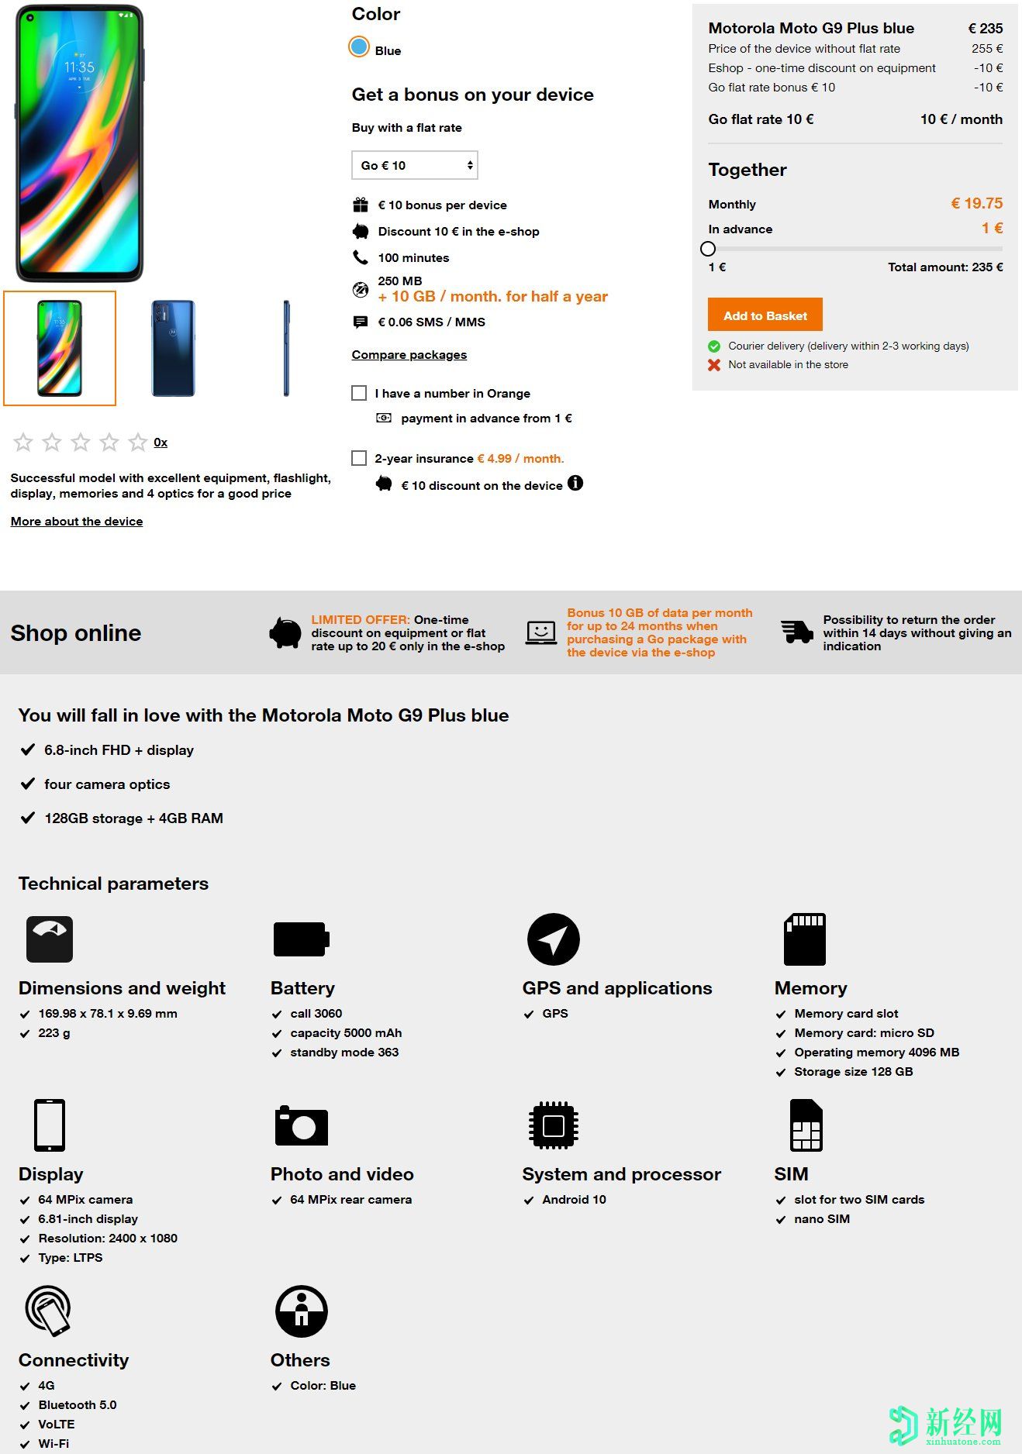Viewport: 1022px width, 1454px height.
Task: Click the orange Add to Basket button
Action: [765, 315]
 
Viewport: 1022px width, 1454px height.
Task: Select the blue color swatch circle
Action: [358, 47]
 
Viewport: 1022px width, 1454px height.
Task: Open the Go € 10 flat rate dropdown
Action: [415, 165]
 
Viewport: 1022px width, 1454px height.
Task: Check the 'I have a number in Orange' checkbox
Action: [359, 393]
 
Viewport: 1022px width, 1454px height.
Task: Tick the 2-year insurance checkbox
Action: [359, 458]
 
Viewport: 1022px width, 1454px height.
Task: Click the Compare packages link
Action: [409, 355]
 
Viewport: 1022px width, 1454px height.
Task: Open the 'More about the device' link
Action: [77, 522]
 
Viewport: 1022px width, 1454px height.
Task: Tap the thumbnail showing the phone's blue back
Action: [173, 348]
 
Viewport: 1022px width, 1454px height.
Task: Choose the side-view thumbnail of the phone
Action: [286, 348]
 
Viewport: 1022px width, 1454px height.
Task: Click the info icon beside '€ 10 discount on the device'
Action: [575, 483]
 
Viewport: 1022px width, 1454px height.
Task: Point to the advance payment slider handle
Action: [708, 249]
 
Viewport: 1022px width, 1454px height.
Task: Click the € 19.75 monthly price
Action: [976, 203]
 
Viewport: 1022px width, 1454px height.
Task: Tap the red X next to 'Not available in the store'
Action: [714, 365]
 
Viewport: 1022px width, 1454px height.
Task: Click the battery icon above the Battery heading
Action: [301, 939]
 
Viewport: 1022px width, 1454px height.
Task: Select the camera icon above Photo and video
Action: [301, 1125]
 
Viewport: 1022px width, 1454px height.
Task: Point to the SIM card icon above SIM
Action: [806, 1125]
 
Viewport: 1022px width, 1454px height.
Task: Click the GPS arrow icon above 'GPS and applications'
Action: [553, 939]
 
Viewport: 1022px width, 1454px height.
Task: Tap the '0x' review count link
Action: [161, 443]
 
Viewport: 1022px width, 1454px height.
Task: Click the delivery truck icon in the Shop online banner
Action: [797, 632]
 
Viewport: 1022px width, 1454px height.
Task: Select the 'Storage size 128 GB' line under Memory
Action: [853, 1072]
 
